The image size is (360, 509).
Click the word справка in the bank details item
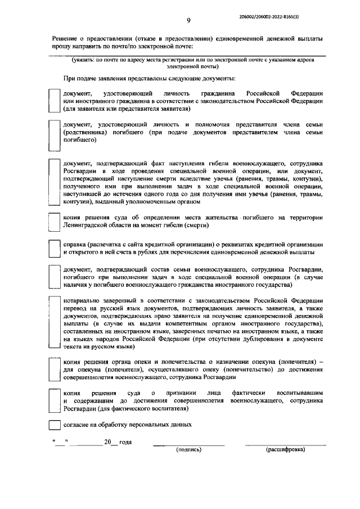pyautogui.click(x=76, y=244)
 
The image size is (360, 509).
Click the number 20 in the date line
pyautogui.click(x=107, y=442)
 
